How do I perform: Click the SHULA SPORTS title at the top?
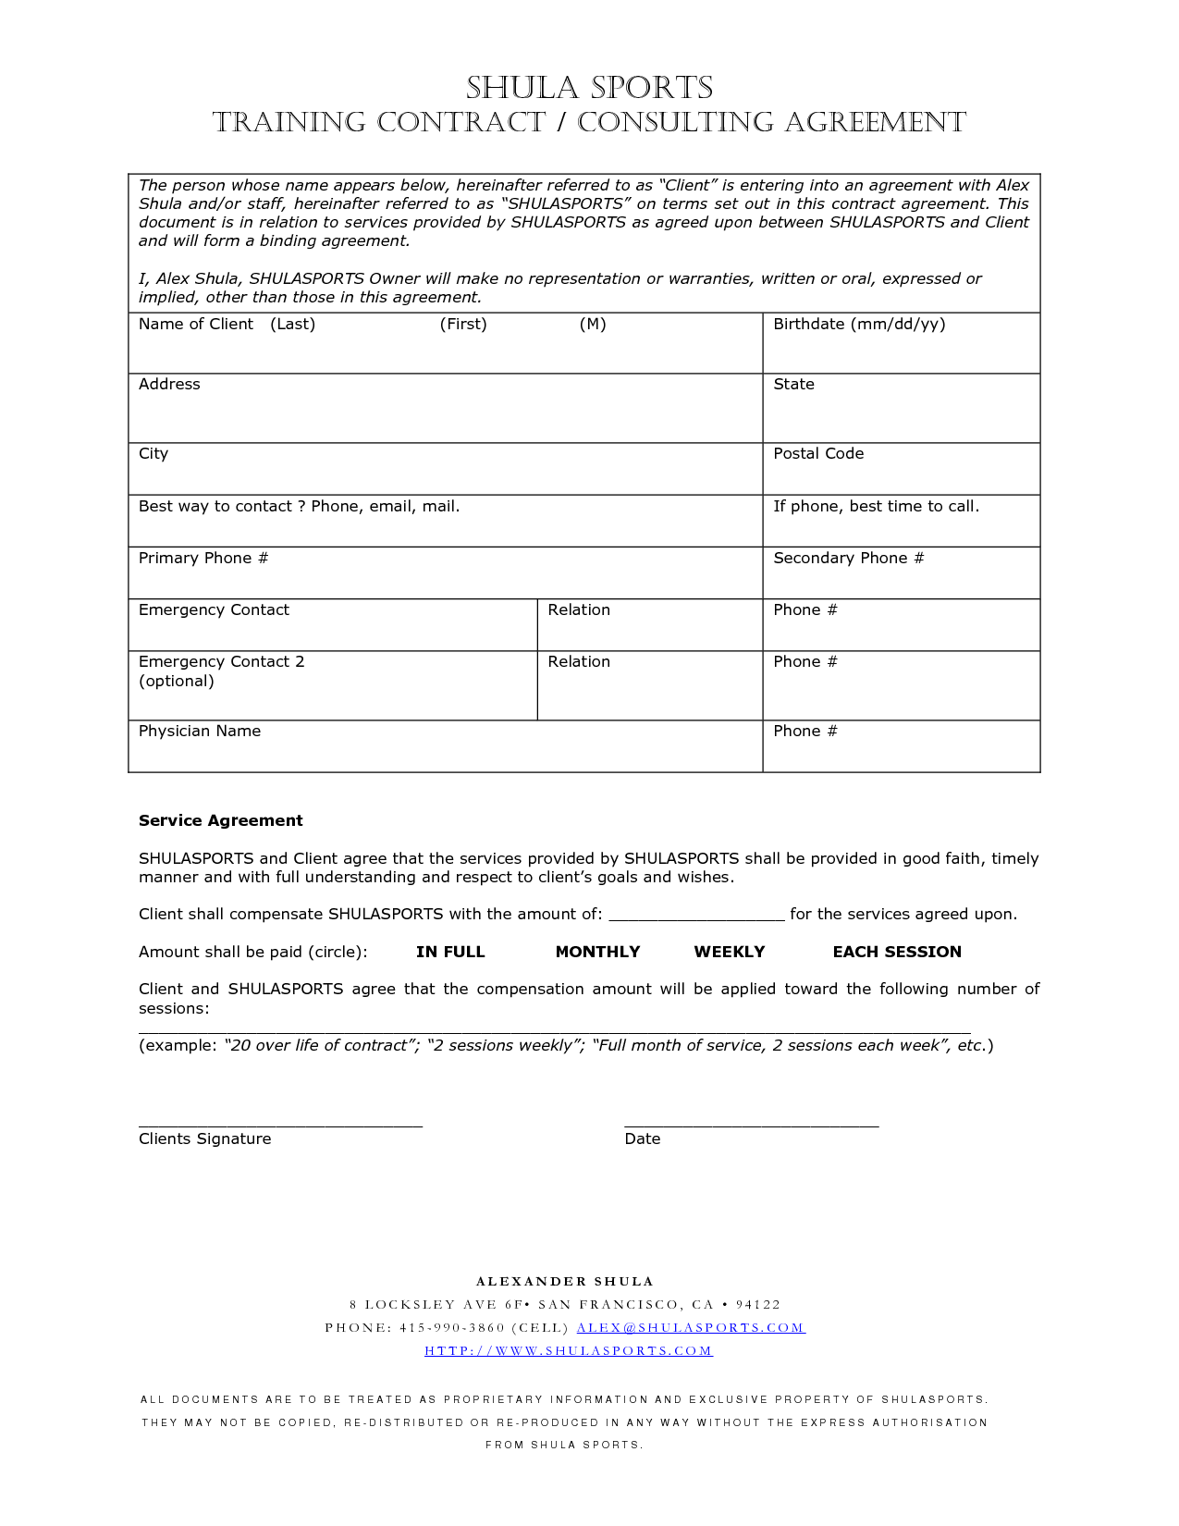589,88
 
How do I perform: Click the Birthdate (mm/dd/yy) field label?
859,324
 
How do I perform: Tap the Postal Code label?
818,453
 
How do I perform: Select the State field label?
793,384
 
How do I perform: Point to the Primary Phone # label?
203,558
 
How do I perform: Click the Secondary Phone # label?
848,558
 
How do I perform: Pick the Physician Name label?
200,731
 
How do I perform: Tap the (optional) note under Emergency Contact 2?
177,681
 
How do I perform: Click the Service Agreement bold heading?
221,820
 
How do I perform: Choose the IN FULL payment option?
450,952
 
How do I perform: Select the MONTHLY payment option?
597,952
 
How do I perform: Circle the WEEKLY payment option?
730,952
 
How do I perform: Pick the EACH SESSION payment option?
897,952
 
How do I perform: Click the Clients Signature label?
205,1138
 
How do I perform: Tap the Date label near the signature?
643,1138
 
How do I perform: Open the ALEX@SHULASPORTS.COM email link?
691,1327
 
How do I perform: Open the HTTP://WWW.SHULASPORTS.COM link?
569,1350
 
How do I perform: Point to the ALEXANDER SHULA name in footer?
565,1281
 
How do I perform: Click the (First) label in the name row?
463,324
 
